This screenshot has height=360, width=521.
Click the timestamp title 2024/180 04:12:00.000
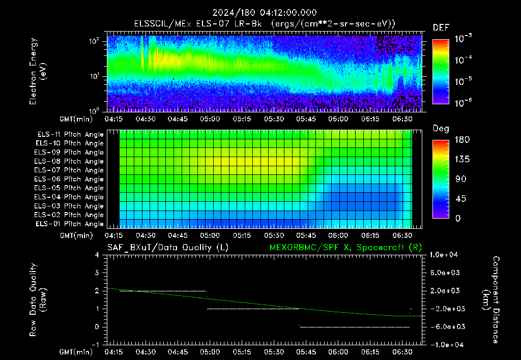point(265,13)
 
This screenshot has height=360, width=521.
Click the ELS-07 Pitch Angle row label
point(69,170)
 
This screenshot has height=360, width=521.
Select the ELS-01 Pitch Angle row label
point(69,224)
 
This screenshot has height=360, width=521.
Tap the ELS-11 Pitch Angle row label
point(70,135)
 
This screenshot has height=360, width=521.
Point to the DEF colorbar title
point(441,27)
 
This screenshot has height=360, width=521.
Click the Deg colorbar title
point(441,129)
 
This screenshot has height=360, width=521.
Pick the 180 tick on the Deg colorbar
point(462,139)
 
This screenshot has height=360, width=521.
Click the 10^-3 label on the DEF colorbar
point(464,38)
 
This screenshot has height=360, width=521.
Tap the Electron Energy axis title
point(37,71)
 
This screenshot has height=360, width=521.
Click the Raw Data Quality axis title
point(37,299)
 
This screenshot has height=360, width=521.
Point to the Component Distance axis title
point(491,299)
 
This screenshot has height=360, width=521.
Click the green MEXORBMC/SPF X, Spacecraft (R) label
point(345,248)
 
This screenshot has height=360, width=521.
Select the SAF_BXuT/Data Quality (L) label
point(168,248)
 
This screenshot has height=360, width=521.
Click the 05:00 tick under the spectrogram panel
point(210,119)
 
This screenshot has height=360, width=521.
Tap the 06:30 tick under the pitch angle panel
point(402,235)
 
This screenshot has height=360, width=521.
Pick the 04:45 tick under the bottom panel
point(178,352)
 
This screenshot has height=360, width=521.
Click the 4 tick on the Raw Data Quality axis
point(97,255)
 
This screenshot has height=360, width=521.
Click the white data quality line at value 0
point(355,327)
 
